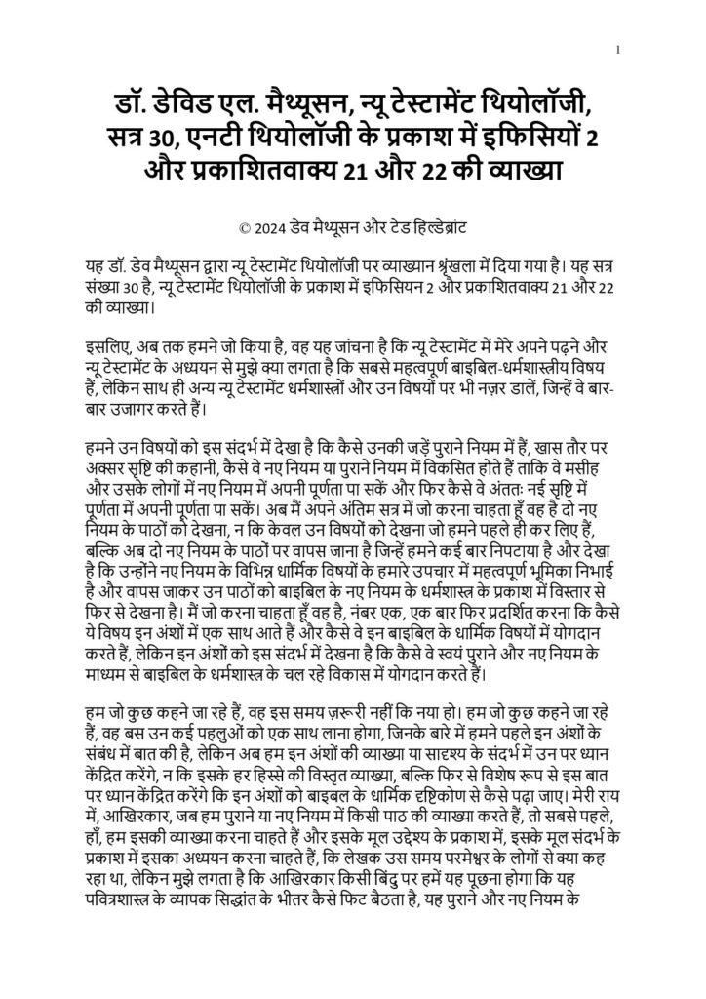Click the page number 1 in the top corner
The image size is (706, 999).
pyautogui.click(x=618, y=49)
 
